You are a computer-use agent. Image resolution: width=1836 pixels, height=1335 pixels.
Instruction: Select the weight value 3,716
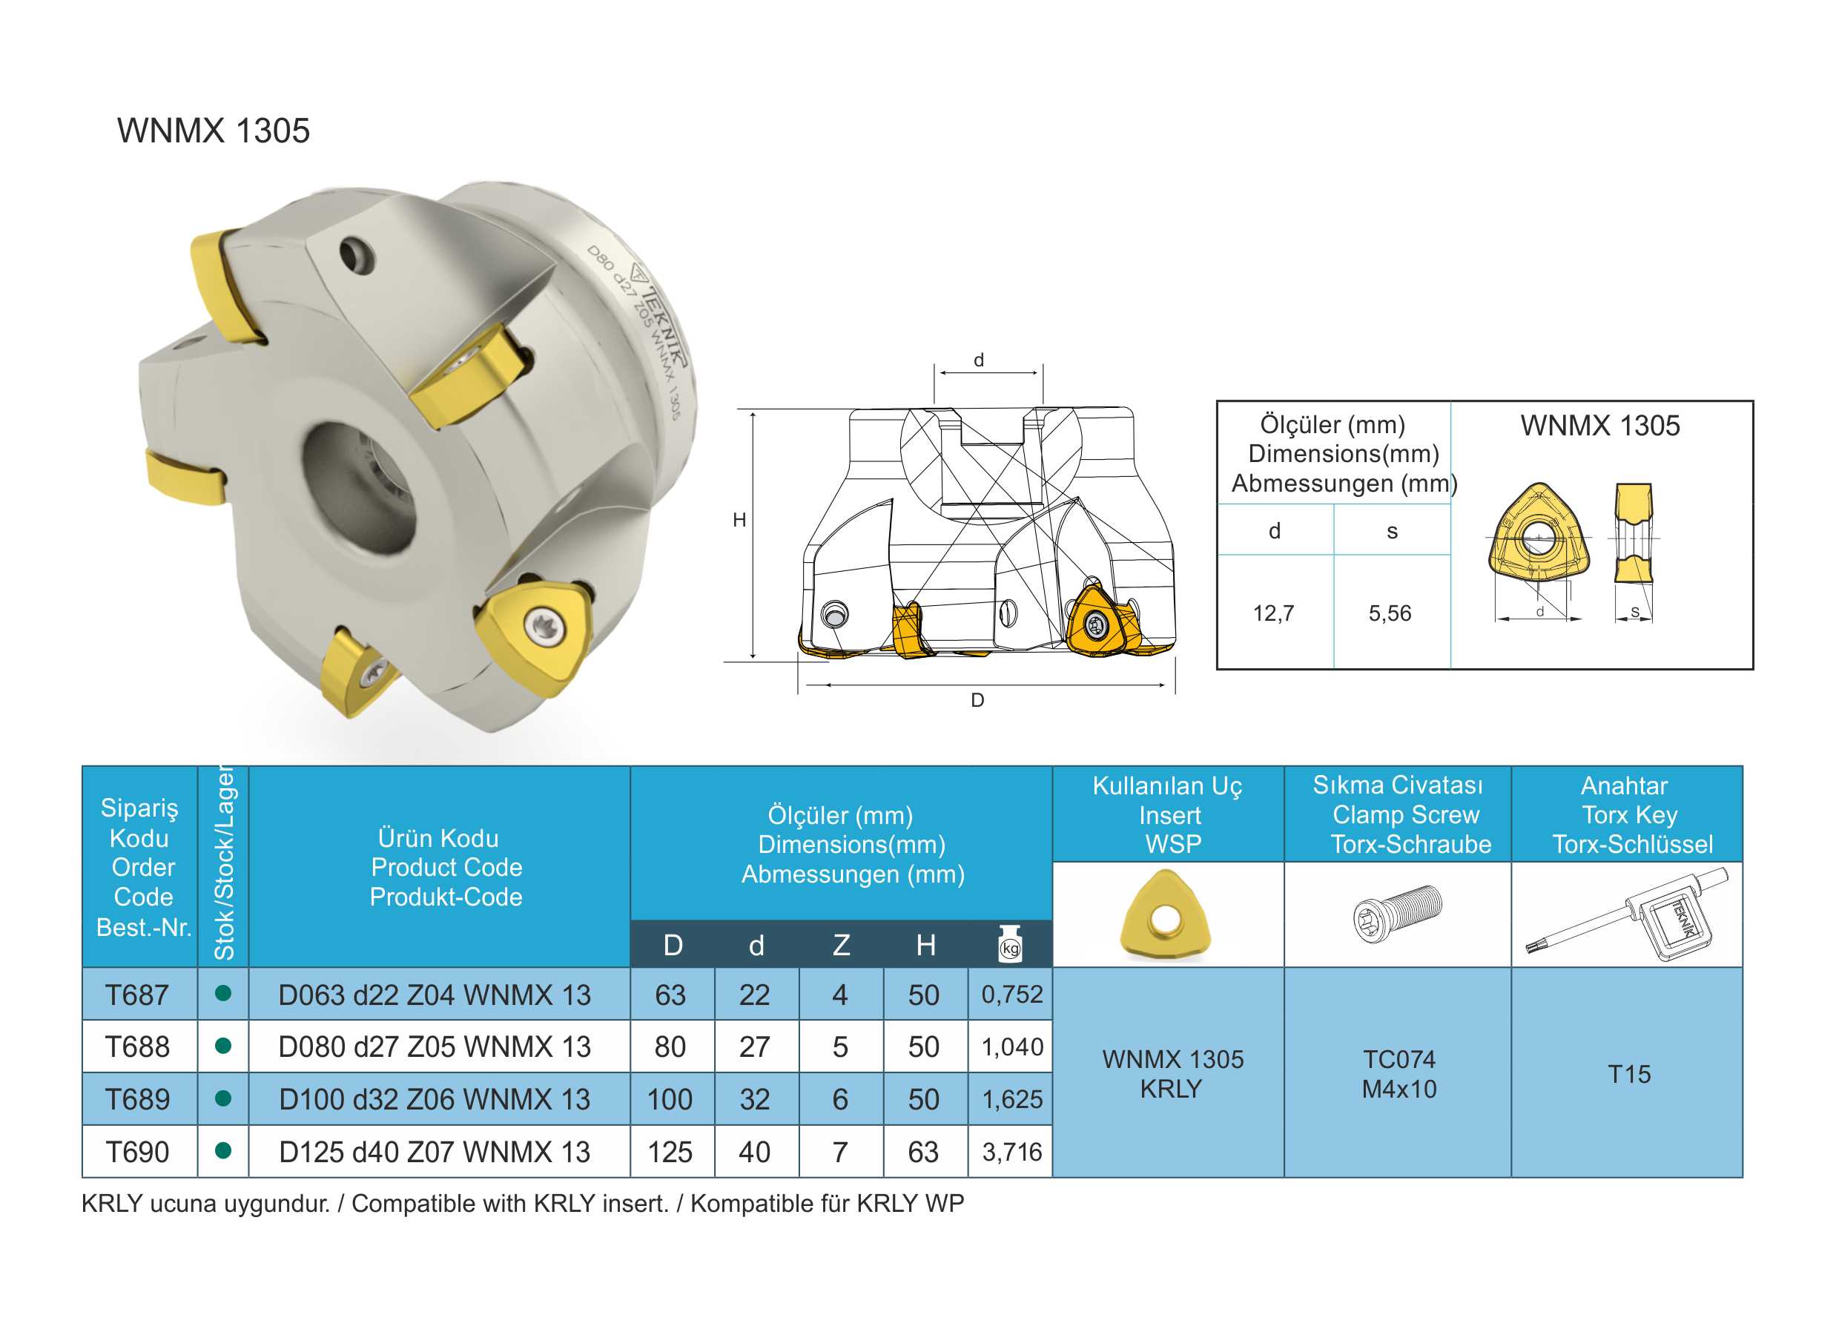(1012, 1152)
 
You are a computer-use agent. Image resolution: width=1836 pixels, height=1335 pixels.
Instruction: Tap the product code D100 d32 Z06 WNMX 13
(435, 1099)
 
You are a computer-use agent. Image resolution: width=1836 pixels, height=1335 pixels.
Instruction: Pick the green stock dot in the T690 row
(223, 1150)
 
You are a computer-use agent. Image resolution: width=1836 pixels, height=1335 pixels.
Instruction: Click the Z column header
(841, 945)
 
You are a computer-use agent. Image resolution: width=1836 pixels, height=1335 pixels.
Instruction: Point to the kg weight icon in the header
(1010, 944)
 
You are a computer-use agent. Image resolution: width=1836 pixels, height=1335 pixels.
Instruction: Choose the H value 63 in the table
(924, 1152)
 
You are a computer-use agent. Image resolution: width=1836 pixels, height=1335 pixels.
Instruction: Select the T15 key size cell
(1629, 1075)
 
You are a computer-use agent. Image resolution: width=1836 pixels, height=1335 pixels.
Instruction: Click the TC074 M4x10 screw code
(1399, 1075)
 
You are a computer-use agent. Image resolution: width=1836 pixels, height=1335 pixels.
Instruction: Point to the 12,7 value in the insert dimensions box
(1273, 613)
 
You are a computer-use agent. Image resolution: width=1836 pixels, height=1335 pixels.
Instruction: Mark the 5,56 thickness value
(1390, 613)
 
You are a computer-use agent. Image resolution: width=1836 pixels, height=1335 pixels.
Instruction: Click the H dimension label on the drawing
(739, 520)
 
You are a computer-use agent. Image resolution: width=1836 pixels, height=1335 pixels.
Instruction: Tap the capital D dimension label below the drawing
(977, 700)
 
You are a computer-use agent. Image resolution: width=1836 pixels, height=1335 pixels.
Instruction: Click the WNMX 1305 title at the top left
(214, 131)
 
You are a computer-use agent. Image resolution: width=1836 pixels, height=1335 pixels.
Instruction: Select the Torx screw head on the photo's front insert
(540, 626)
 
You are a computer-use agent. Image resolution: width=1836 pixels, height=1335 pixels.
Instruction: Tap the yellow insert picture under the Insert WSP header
(1166, 914)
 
